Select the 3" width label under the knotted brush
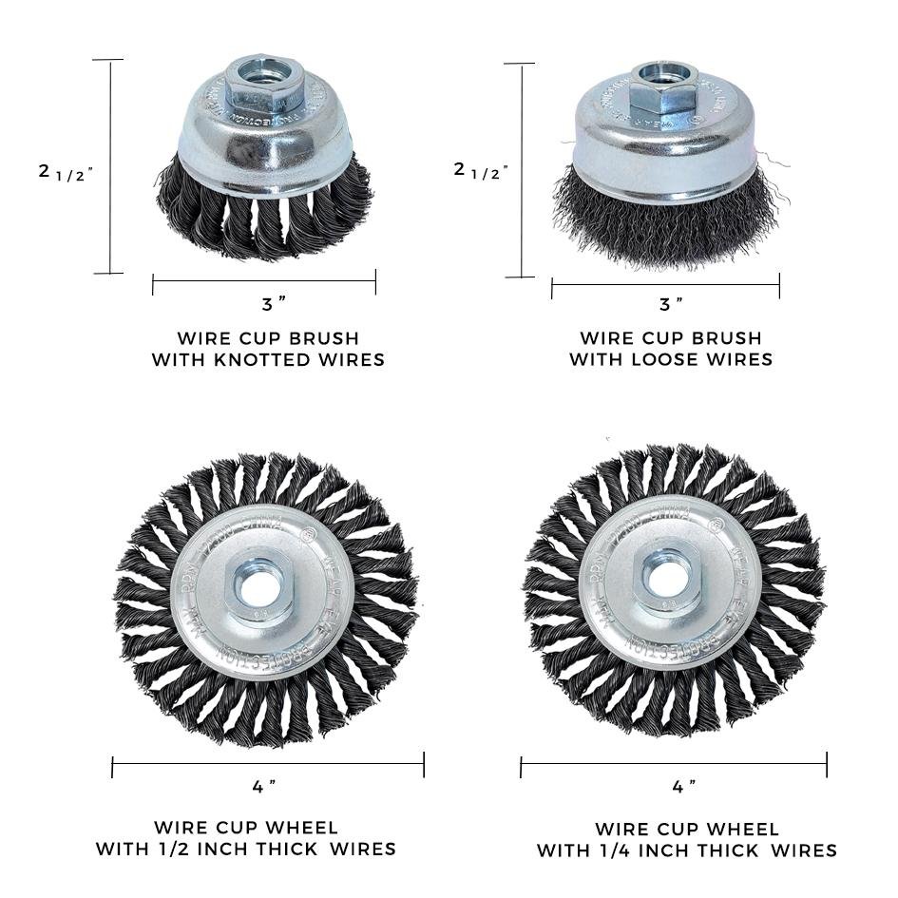pyautogui.click(x=274, y=304)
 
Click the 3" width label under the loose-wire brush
pyautogui.click(x=671, y=304)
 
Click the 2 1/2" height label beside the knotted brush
pyautogui.click(x=66, y=172)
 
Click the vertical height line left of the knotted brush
pyautogui.click(x=111, y=166)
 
